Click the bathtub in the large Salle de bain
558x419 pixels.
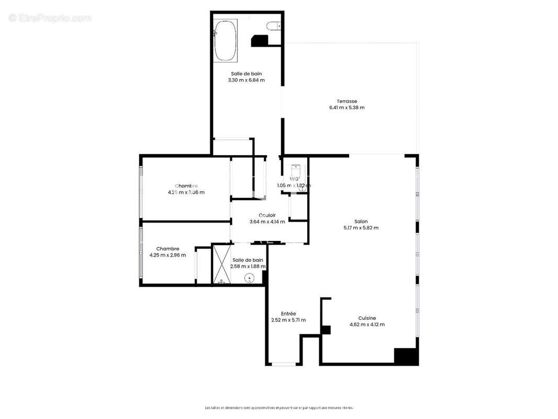tap(225, 40)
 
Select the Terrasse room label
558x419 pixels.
tap(347, 101)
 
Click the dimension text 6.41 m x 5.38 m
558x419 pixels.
tap(347, 108)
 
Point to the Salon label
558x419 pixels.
tap(361, 221)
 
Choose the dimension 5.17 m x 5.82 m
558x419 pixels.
tap(361, 228)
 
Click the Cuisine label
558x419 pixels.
tap(367, 318)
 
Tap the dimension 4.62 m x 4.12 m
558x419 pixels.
tap(367, 325)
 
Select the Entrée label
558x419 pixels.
tap(288, 313)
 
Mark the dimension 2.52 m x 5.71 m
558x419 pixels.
tap(288, 320)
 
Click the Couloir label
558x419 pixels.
tap(267, 215)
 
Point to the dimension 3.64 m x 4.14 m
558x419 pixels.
tap(267, 222)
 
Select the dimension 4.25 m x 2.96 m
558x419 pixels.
tap(168, 255)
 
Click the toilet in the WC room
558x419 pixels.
tap(295, 171)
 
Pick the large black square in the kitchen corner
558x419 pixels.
tap(406, 357)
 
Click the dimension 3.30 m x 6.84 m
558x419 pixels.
tap(246, 80)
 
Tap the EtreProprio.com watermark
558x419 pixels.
tap(50, 18)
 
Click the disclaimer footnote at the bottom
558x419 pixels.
tap(278, 407)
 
